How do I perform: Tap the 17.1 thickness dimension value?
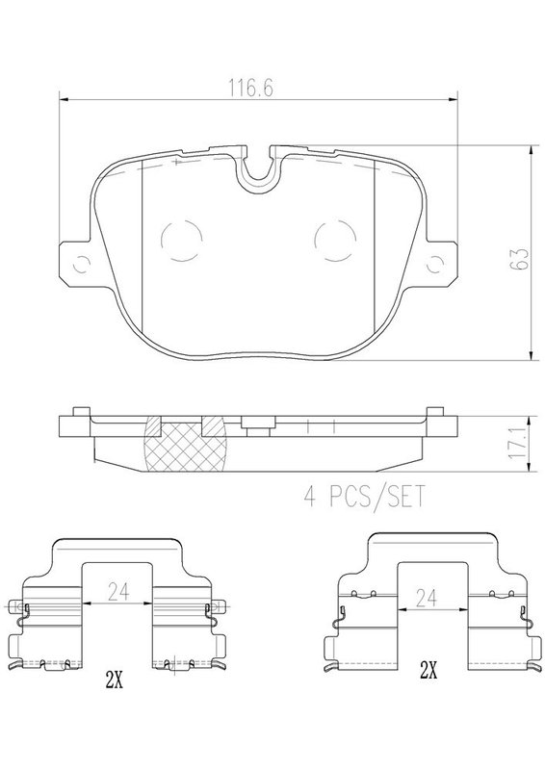click(x=517, y=444)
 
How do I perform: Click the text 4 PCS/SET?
click(x=364, y=497)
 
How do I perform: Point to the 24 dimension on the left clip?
click(x=118, y=592)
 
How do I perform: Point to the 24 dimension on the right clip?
click(x=426, y=598)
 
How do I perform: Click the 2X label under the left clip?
click(x=114, y=680)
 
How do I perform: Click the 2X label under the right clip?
click(x=428, y=670)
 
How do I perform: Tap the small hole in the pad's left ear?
click(x=81, y=265)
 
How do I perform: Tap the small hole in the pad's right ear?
click(x=435, y=264)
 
